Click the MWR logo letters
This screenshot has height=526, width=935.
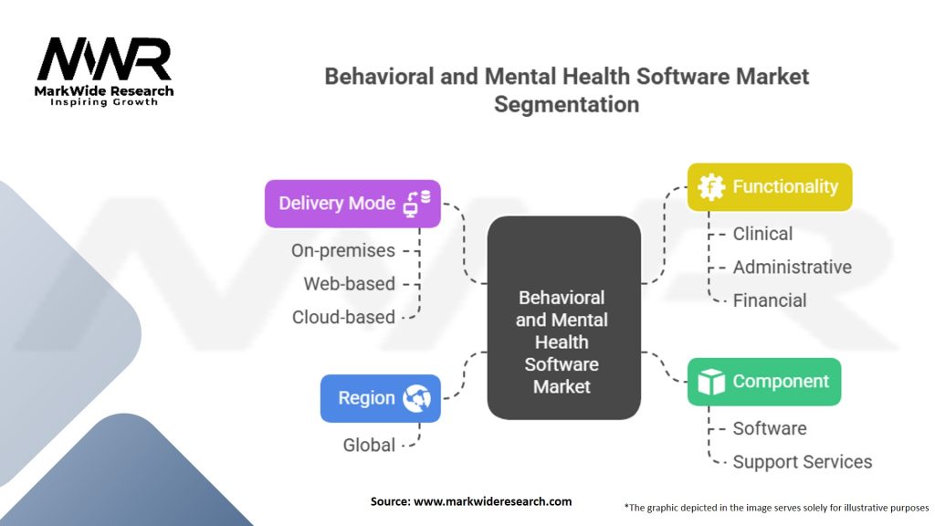103,59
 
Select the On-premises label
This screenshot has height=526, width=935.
343,250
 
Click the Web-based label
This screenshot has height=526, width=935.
349,284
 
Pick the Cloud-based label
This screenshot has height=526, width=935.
343,318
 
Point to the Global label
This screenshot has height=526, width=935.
369,446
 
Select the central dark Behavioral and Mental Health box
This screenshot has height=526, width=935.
562,318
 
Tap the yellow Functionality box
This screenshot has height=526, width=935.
769,187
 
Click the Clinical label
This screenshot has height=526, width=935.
762,234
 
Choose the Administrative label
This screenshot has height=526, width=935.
792,267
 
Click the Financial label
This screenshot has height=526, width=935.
769,300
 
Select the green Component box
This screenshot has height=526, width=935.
763,382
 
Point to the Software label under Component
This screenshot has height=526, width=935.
769,428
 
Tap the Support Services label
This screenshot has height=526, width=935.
802,462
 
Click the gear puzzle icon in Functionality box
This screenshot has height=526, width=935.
710,187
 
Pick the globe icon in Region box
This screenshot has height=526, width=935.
417,398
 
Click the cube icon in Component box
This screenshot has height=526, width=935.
710,382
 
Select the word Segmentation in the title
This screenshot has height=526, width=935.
566,104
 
